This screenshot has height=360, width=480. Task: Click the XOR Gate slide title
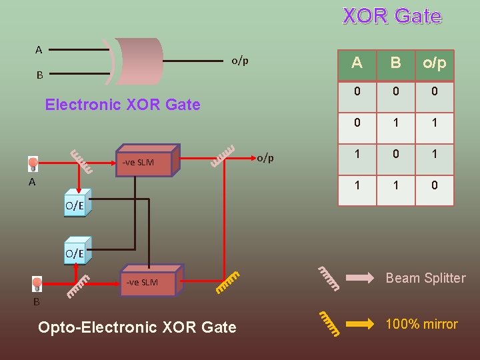[x=392, y=16]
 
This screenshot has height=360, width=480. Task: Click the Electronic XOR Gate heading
[x=122, y=105]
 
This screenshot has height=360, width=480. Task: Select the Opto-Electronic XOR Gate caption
[x=137, y=327]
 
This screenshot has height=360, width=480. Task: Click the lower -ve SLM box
[x=146, y=282]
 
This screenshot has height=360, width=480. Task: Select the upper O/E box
[x=74, y=206]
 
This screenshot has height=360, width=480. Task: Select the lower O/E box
[x=74, y=253]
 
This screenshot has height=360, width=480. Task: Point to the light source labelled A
[x=33, y=163]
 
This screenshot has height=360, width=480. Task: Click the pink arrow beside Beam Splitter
[x=360, y=279]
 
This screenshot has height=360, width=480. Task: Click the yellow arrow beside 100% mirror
[x=360, y=325]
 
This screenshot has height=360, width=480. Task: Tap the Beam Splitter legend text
[x=425, y=278]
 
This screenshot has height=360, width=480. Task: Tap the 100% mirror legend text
[x=422, y=325]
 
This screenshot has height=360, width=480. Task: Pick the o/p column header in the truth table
[x=434, y=63]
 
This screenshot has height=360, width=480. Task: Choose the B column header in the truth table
[x=395, y=63]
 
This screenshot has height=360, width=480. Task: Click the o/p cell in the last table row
[x=434, y=185]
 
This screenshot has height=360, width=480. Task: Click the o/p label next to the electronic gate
[x=239, y=61]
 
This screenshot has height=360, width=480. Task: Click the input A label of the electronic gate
[x=39, y=49]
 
